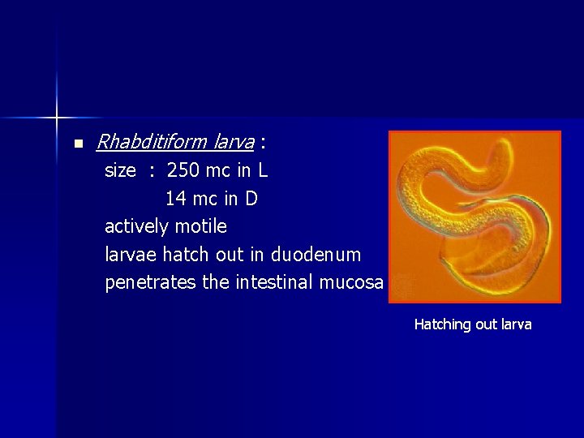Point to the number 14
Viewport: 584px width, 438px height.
(x=175, y=198)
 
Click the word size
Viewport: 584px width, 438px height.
(x=120, y=171)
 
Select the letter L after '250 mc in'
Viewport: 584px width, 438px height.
(x=263, y=171)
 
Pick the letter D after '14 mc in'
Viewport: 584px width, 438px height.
(x=251, y=198)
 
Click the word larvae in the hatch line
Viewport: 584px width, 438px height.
(x=131, y=255)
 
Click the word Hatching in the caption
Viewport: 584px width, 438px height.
(x=442, y=324)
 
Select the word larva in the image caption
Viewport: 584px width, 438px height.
(x=516, y=324)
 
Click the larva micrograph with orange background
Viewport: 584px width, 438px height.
(x=474, y=217)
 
